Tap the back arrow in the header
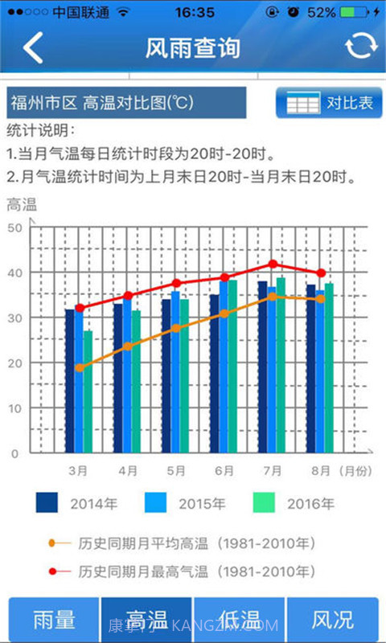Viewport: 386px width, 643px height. click(x=33, y=48)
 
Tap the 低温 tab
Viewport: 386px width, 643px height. click(x=239, y=620)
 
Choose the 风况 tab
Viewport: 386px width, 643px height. click(x=332, y=620)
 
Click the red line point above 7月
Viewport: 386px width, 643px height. click(x=273, y=264)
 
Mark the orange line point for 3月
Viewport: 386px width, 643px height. click(x=79, y=367)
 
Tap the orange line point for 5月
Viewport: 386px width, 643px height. click(x=175, y=328)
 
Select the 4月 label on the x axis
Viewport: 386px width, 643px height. click(x=127, y=469)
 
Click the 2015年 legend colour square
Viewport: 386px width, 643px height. click(x=155, y=502)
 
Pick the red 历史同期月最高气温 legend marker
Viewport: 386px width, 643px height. click(x=53, y=571)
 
